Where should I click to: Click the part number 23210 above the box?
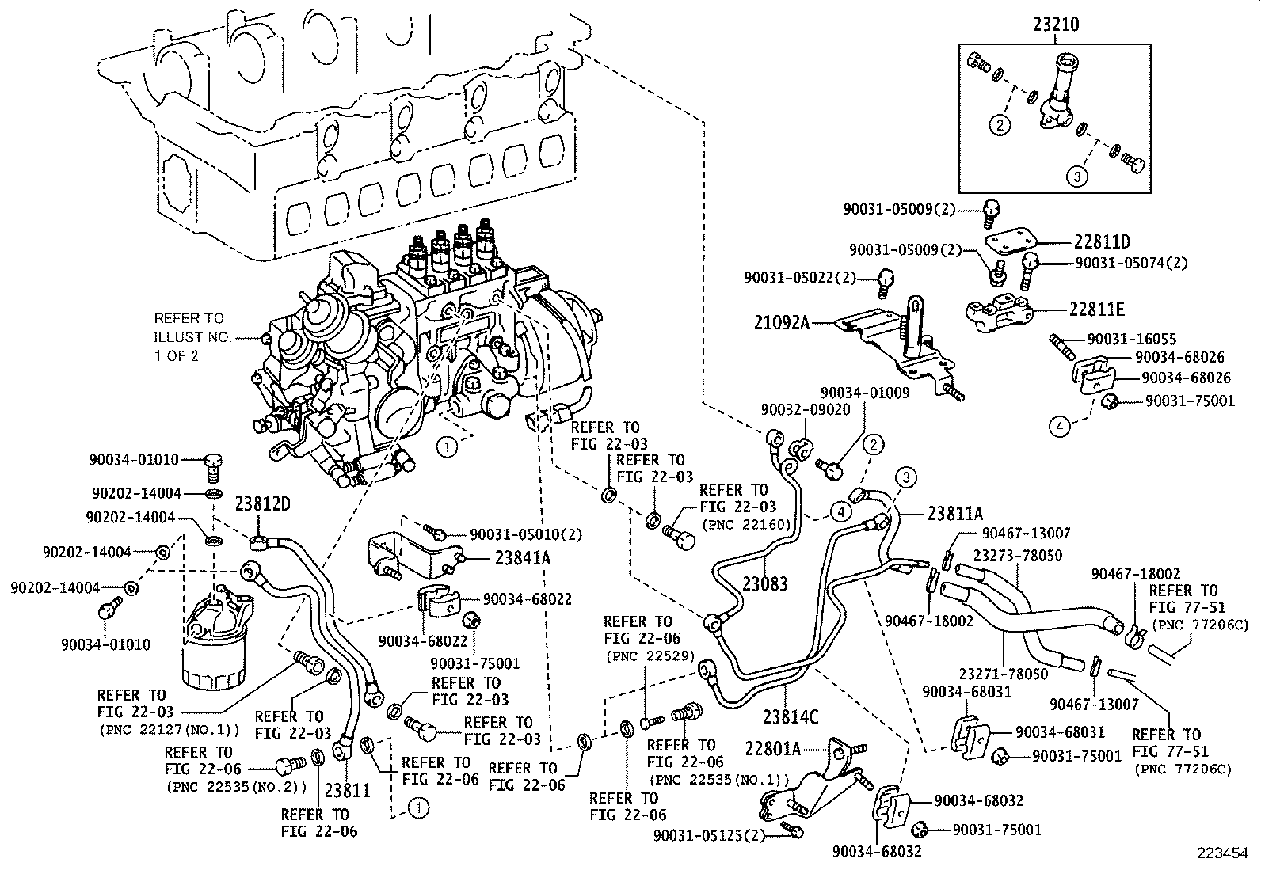(1055, 25)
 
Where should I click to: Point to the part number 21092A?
(782, 323)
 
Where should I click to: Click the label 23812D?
(263, 504)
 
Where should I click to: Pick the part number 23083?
(764, 584)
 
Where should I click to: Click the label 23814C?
(790, 717)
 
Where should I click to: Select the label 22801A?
(773, 748)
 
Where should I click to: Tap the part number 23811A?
(955, 513)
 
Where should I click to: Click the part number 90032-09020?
(806, 409)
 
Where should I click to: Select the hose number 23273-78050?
(1018, 556)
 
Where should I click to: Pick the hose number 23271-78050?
(1004, 674)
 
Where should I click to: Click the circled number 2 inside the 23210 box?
(1000, 124)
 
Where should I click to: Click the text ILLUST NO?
(192, 336)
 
